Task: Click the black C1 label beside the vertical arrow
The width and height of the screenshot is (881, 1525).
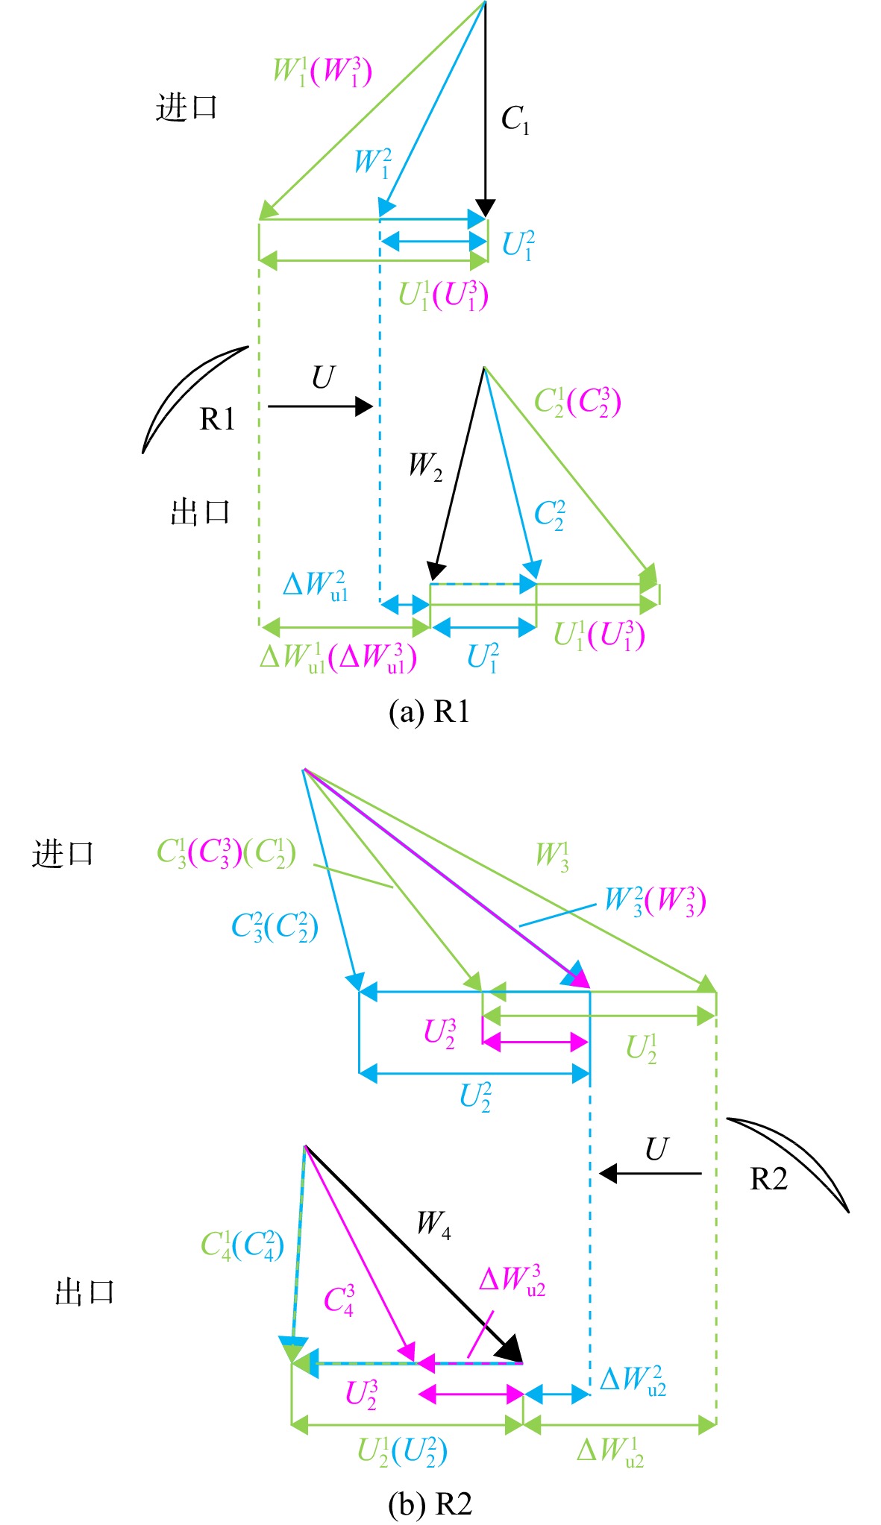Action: [515, 119]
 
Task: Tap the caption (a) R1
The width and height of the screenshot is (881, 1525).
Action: [429, 711]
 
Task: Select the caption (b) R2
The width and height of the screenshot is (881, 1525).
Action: [430, 1504]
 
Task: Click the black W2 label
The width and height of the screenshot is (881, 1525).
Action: [425, 466]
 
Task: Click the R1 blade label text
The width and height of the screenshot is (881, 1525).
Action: [217, 419]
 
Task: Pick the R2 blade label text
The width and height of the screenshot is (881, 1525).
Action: [768, 1179]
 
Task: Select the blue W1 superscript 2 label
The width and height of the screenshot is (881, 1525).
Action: [373, 163]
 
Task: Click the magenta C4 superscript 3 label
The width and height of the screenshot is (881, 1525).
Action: [339, 1301]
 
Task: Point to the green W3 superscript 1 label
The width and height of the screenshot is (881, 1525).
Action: [553, 856]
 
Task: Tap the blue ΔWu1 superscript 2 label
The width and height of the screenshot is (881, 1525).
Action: [316, 585]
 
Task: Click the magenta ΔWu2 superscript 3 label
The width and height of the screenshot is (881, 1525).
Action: [512, 1280]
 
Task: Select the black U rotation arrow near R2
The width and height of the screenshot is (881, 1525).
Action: [650, 1173]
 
